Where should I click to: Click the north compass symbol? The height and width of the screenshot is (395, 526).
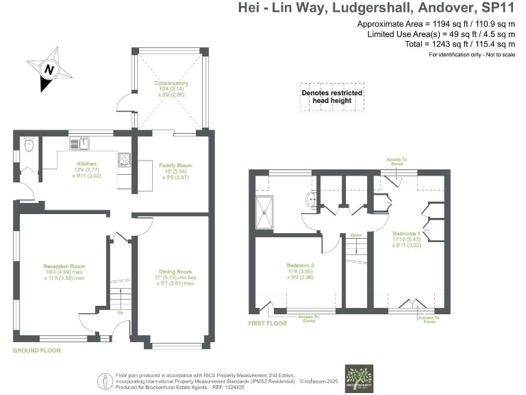[x=49, y=69]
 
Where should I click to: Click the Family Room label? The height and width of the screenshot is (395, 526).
[x=175, y=169]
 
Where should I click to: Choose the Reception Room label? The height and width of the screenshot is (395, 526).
[x=64, y=270]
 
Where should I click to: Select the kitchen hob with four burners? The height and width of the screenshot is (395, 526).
[x=125, y=159]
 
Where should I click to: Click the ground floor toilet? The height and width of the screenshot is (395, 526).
[x=28, y=145]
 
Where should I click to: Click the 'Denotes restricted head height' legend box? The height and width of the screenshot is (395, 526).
[x=331, y=97]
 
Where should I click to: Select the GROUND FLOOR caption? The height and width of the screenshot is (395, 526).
[x=36, y=350]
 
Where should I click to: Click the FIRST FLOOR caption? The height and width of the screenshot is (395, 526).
[x=268, y=322]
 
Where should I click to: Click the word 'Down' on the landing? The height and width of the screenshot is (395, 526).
[x=355, y=235]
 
